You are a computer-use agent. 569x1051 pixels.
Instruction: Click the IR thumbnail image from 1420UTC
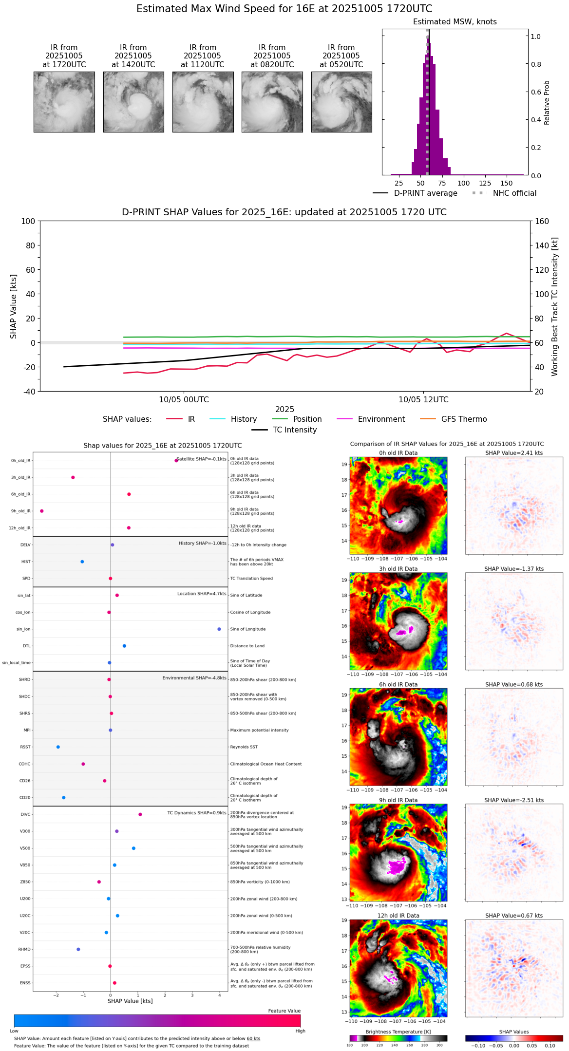click(x=133, y=102)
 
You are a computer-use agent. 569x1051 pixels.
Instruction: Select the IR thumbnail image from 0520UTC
click(x=341, y=102)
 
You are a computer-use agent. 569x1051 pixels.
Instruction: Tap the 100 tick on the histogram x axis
click(x=464, y=183)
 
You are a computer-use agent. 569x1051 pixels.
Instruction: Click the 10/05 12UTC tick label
click(x=423, y=400)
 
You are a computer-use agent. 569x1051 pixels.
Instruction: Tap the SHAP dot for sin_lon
click(x=219, y=629)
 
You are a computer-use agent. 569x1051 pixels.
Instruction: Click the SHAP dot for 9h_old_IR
click(x=42, y=511)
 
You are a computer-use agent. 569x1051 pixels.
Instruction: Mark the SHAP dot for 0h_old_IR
click(x=176, y=460)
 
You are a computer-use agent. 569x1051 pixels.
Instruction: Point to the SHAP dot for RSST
click(x=58, y=747)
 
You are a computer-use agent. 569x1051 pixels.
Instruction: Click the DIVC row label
click(x=25, y=815)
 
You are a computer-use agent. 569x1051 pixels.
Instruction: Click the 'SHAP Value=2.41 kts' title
click(x=514, y=453)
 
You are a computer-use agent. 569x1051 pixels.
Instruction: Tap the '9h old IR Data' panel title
click(x=398, y=800)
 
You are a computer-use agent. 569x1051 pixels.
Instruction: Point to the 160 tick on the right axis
click(x=542, y=221)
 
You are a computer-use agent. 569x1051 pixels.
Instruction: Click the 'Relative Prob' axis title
click(x=547, y=102)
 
